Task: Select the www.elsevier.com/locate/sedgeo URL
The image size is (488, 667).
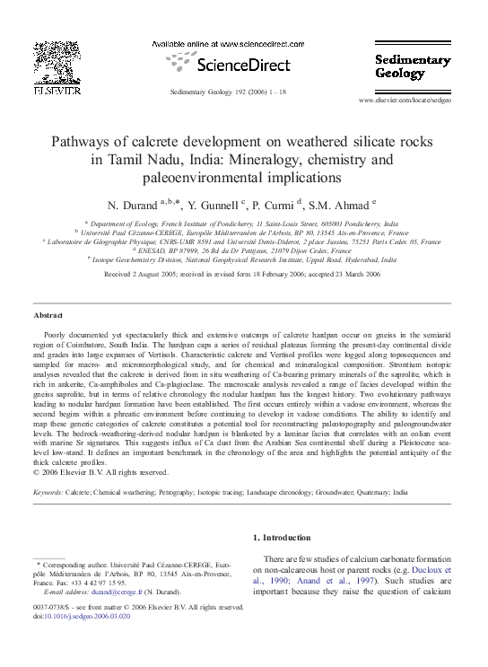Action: pos(416,100)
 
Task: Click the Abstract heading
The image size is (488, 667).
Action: pos(48,317)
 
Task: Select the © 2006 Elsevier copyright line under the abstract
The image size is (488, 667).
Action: pos(100,472)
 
